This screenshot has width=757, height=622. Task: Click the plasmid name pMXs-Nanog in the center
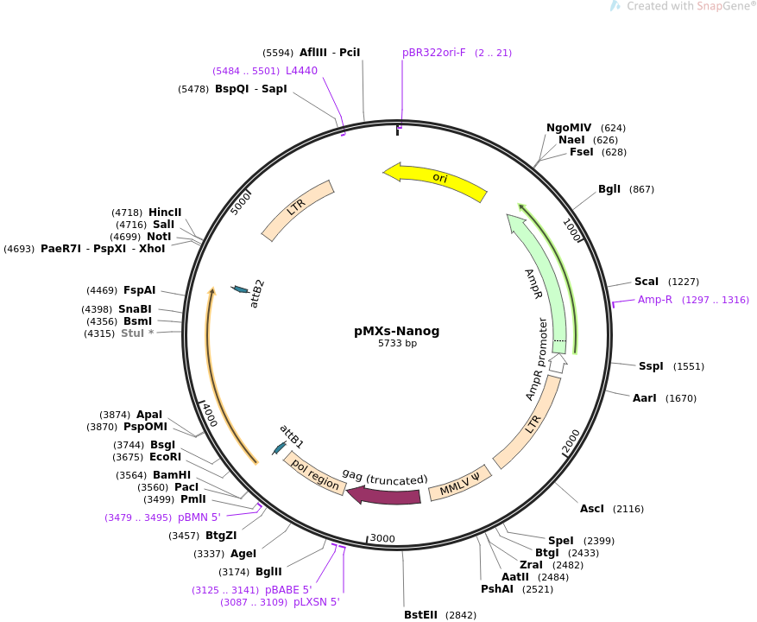397,331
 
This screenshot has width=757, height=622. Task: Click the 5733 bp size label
397,344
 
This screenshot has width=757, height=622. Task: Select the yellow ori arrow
436,179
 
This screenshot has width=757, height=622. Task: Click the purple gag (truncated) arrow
384,496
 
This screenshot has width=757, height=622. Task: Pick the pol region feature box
315,475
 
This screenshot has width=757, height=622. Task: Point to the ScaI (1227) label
647,282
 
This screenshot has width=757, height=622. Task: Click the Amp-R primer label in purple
655,300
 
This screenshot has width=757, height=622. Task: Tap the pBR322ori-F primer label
433,53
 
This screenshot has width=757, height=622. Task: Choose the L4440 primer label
301,71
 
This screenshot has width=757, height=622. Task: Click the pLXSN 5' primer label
317,602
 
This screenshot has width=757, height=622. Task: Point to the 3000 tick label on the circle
382,539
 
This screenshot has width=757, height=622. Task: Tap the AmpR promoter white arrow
558,364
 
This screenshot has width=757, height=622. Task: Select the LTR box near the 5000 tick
298,211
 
